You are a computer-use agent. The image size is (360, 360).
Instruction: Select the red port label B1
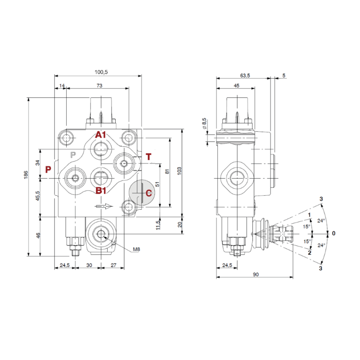(x=101, y=190)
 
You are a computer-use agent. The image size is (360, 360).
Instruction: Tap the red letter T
(x=148, y=157)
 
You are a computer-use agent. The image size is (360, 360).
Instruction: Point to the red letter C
(x=148, y=193)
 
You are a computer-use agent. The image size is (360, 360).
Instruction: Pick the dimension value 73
(x=99, y=85)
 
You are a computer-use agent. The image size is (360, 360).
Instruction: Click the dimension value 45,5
(x=38, y=197)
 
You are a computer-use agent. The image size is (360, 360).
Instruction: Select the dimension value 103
(x=179, y=171)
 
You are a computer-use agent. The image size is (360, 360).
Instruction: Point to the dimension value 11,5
(x=157, y=224)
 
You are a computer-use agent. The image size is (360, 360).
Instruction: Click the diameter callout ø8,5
(x=204, y=124)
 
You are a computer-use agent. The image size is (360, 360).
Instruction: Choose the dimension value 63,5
(x=245, y=76)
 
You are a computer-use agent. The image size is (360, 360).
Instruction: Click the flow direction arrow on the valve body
(x=103, y=207)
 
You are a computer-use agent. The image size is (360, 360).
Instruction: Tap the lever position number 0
(x=333, y=233)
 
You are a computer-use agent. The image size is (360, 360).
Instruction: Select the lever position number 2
(x=310, y=252)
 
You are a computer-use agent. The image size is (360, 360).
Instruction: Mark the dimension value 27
(x=114, y=265)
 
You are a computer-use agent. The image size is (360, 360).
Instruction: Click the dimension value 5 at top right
(x=283, y=76)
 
